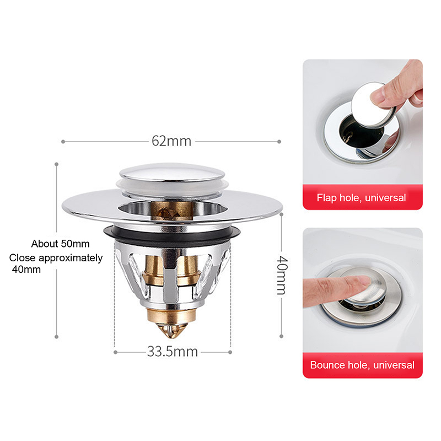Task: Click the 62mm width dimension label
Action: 171,141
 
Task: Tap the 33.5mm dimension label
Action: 173,352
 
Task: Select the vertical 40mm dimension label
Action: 282,275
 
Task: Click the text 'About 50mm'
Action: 60,244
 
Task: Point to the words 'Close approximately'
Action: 56,258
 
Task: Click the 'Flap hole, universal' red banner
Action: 363,197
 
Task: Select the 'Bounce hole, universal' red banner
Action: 363,365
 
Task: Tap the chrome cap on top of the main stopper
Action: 172,172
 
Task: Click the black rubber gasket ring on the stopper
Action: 172,234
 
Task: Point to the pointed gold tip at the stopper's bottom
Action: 171,330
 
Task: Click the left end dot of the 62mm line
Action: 63,142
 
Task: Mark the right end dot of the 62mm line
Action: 279,142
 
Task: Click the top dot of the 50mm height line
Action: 57,164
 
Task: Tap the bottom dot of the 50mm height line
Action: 57,337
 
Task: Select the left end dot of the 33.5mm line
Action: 115,352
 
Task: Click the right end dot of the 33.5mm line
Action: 230,352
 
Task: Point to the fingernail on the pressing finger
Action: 363,280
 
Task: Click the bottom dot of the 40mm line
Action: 281,336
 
